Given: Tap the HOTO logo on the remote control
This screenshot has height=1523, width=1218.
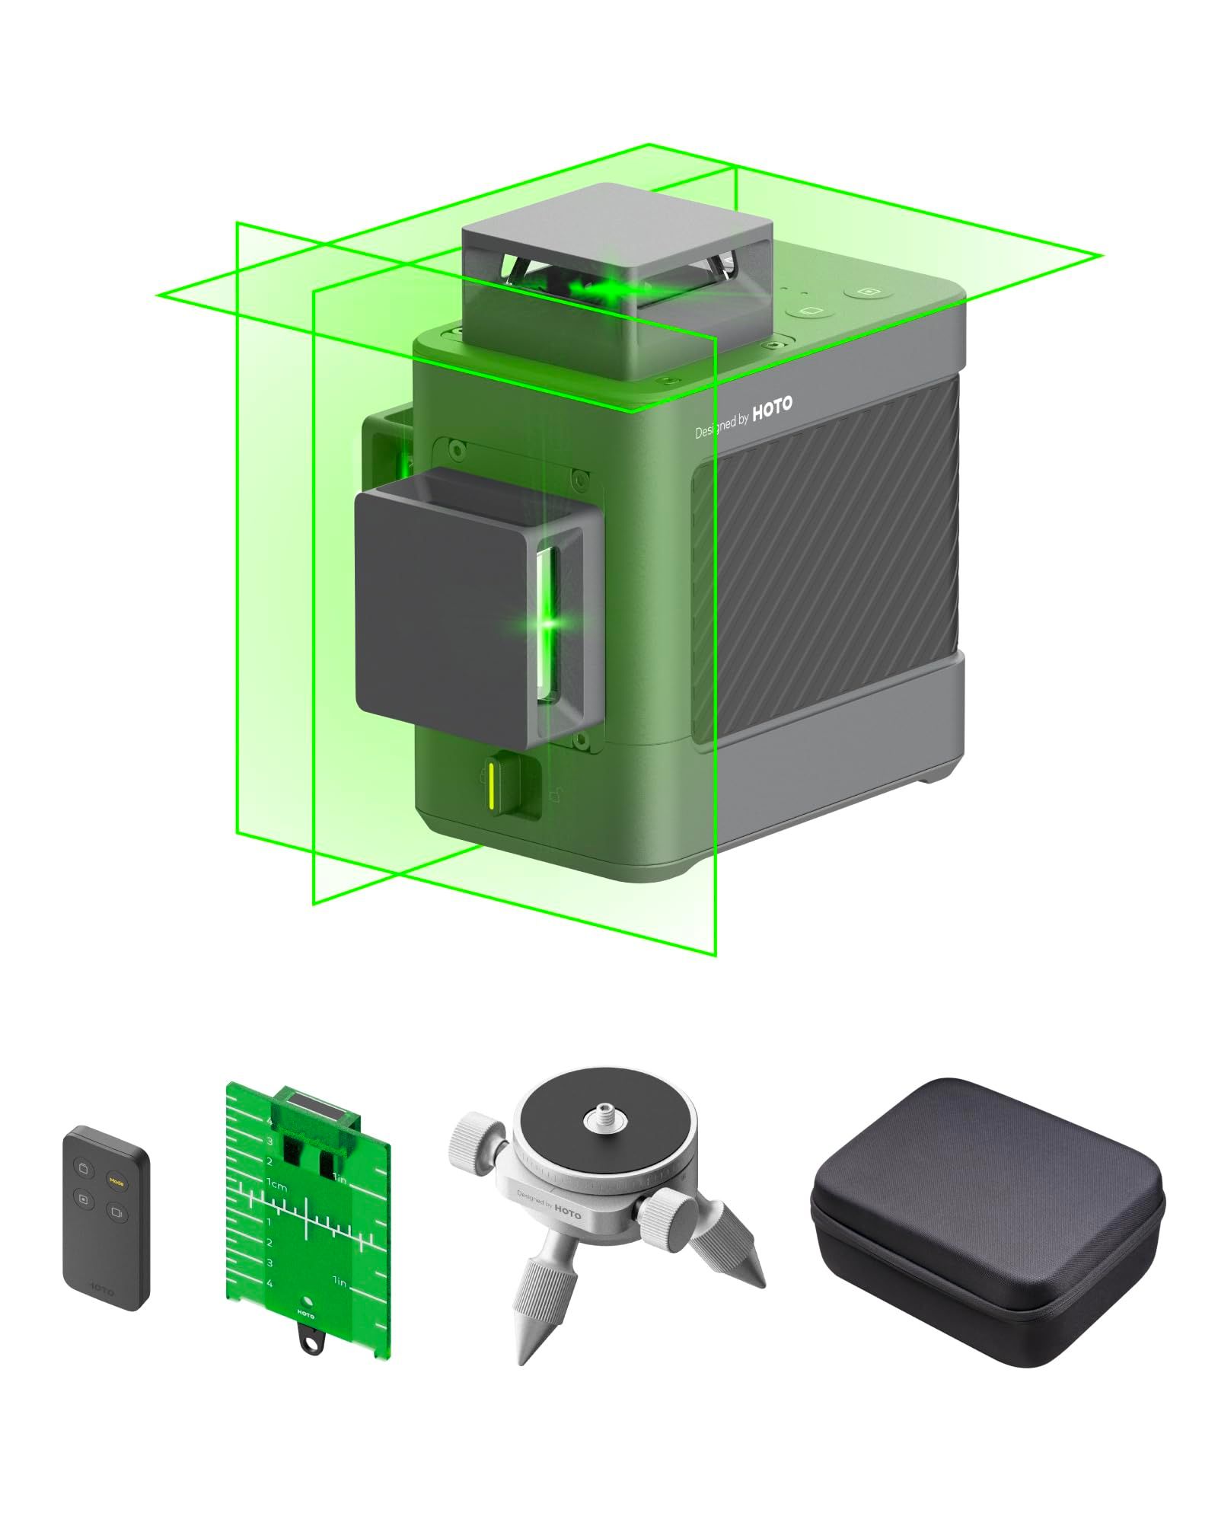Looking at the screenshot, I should [102, 1286].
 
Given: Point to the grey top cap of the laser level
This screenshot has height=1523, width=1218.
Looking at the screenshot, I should [617, 228].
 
